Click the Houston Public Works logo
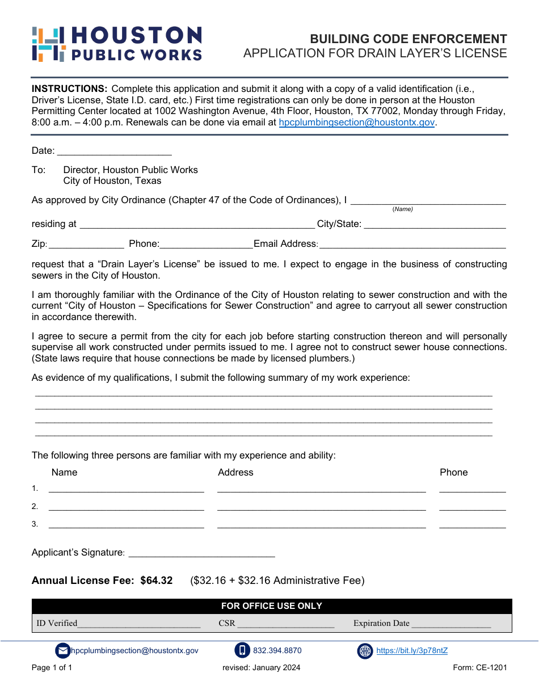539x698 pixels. [x=117, y=44]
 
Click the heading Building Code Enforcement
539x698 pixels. [x=408, y=39]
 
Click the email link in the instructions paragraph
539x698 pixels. [x=357, y=122]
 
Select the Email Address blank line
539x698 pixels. [x=412, y=245]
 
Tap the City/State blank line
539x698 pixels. [x=434, y=225]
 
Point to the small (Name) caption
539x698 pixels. [x=402, y=209]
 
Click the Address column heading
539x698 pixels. [x=235, y=472]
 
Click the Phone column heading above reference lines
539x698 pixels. [x=453, y=472]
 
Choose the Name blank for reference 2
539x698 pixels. [x=126, y=507]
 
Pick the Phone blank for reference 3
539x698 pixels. [x=472, y=524]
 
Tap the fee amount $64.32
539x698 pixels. [x=157, y=581]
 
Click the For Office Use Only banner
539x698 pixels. [x=272, y=606]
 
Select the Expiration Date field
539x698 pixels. [x=451, y=624]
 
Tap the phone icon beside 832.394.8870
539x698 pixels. [x=242, y=651]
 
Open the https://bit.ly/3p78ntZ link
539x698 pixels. [x=412, y=651]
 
